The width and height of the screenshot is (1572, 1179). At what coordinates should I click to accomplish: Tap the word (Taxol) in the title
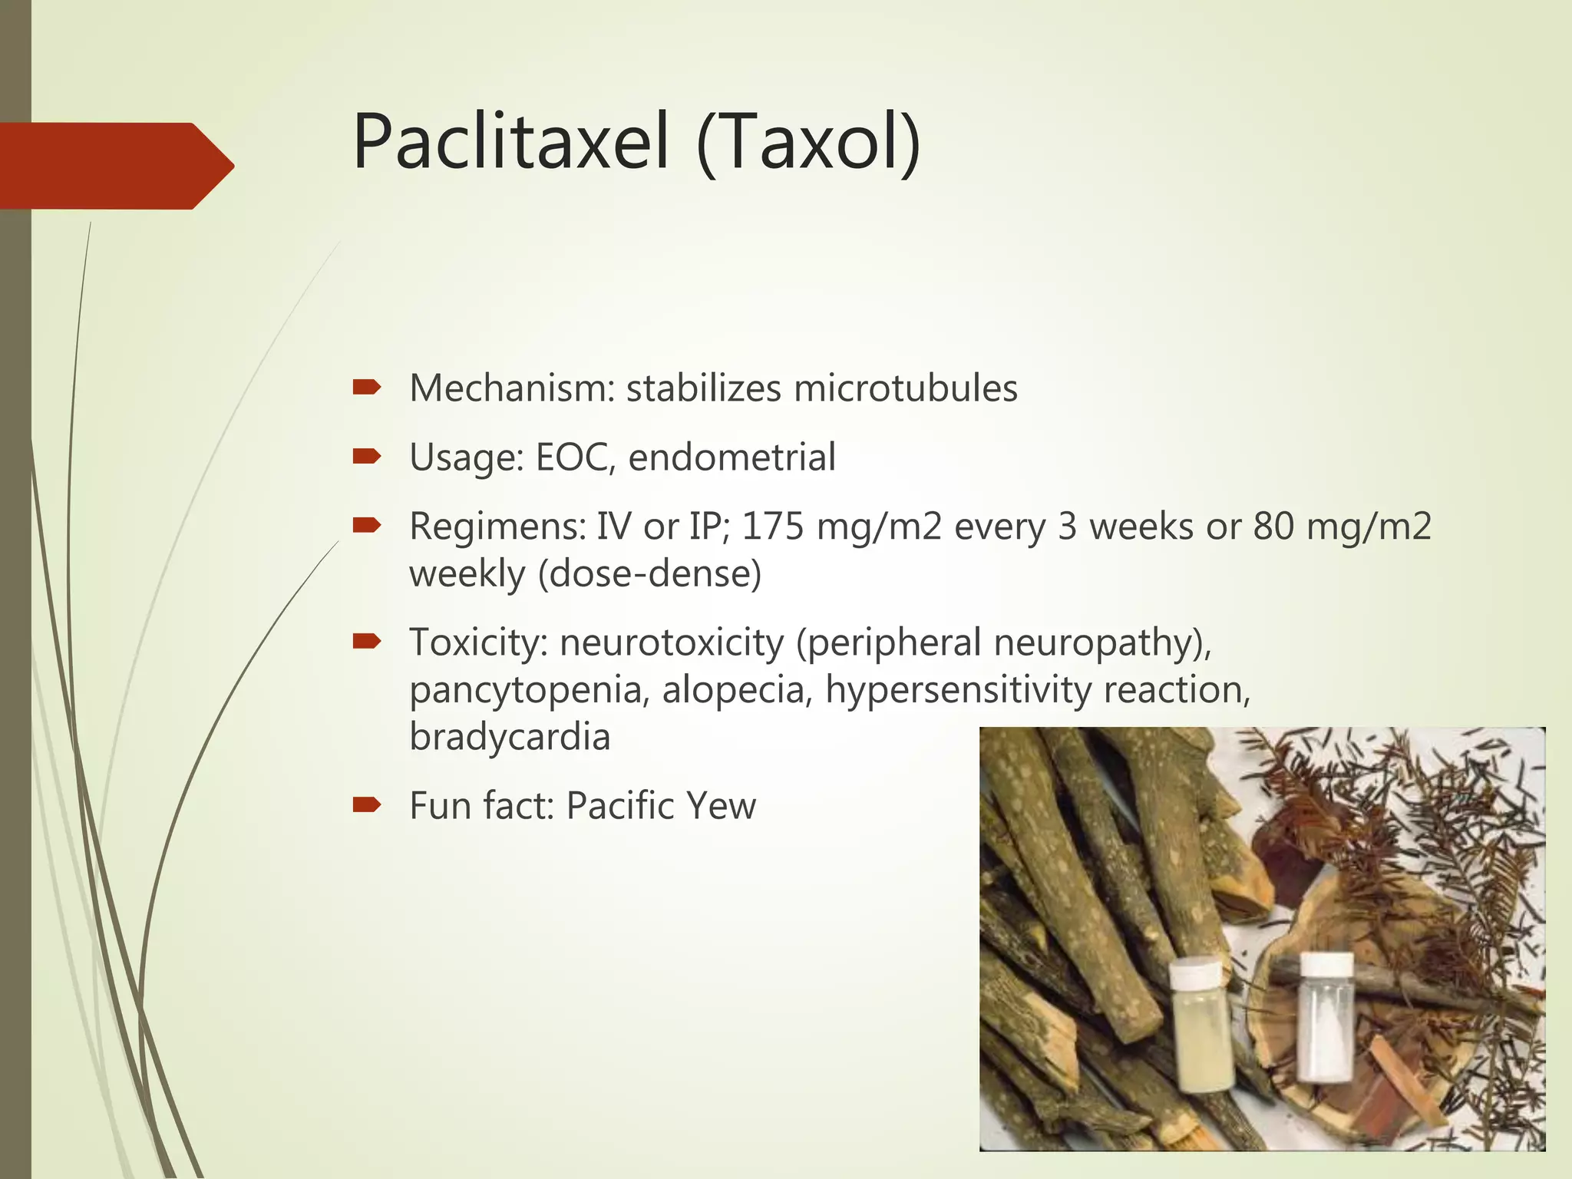point(808,143)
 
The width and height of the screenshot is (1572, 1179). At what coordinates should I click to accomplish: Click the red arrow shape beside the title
point(115,166)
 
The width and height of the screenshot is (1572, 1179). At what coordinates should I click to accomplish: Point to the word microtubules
point(905,388)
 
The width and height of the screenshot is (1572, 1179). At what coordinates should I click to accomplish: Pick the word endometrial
point(732,457)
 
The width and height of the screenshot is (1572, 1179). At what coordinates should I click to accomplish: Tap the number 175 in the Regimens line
point(772,527)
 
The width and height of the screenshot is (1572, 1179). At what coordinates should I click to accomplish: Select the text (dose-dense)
point(649,574)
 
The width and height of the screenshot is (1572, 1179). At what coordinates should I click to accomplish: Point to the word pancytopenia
point(526,691)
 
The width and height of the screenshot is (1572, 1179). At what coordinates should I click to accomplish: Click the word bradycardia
point(510,737)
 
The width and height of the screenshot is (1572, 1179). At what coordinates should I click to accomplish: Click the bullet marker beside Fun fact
point(366,804)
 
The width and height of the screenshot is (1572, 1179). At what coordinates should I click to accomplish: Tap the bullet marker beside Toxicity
point(366,642)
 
